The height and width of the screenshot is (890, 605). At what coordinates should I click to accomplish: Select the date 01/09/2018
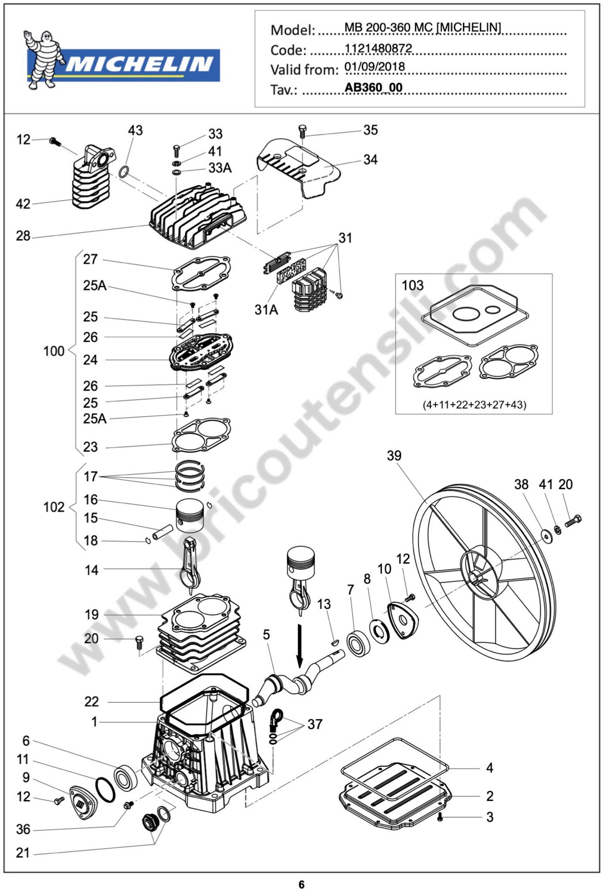(x=375, y=67)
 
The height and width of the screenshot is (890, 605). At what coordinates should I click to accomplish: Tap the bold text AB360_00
(x=373, y=88)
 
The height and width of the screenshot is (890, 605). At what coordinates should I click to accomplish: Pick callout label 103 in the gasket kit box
(x=412, y=285)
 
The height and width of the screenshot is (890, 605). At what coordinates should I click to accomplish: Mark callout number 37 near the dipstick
(x=315, y=724)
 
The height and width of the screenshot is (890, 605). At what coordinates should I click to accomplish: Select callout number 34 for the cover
(x=370, y=159)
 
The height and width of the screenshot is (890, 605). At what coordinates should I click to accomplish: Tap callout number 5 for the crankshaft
(x=266, y=634)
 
